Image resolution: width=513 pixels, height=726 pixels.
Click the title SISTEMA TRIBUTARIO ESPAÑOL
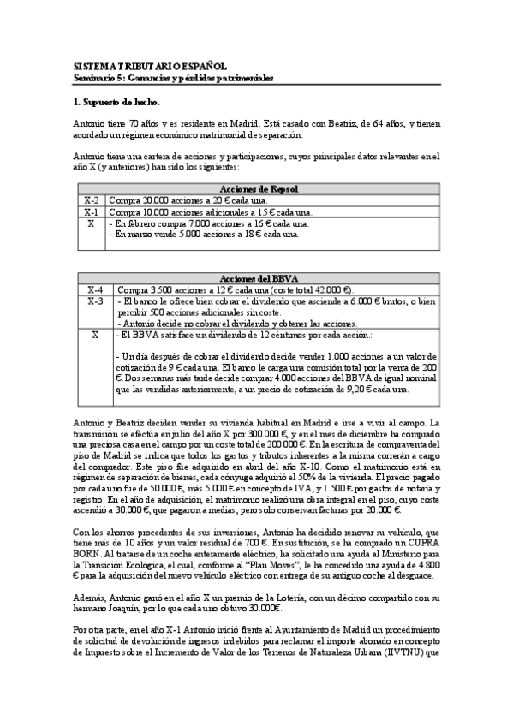click(150, 65)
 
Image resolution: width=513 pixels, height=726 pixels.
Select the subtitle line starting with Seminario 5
click(173, 77)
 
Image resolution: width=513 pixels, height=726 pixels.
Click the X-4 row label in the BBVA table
click(93, 289)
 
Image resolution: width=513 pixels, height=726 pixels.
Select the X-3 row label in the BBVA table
click(93, 301)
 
